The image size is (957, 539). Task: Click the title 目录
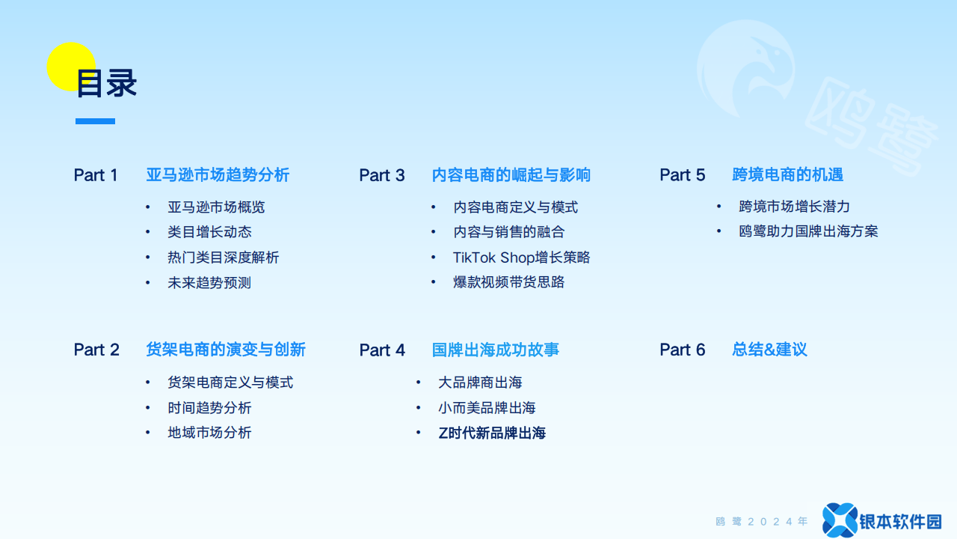pyautogui.click(x=106, y=83)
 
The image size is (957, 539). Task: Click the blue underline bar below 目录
pyautogui.click(x=95, y=121)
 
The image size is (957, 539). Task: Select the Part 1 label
pyautogui.click(x=96, y=175)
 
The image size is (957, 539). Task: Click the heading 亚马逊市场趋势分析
pyautogui.click(x=218, y=175)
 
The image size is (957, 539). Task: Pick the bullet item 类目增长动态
pyautogui.click(x=210, y=232)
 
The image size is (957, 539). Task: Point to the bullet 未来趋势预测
pyautogui.click(x=209, y=283)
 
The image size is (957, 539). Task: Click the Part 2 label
pyautogui.click(x=96, y=350)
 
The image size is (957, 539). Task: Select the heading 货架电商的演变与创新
pyautogui.click(x=226, y=350)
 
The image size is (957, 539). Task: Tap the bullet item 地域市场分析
pyautogui.click(x=209, y=433)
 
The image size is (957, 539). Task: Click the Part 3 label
pyautogui.click(x=382, y=175)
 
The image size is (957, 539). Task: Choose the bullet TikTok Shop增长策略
pyautogui.click(x=521, y=258)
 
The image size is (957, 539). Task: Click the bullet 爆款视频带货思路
pyautogui.click(x=509, y=282)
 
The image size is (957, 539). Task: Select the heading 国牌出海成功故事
pyautogui.click(x=496, y=350)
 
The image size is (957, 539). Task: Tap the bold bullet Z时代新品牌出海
pyautogui.click(x=492, y=433)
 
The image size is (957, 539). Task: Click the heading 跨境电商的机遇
pyautogui.click(x=788, y=174)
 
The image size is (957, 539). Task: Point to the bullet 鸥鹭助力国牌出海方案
pyautogui.click(x=808, y=231)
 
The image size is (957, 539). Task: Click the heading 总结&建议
pyautogui.click(x=770, y=350)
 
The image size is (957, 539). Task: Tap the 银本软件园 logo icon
pyautogui.click(x=840, y=520)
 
